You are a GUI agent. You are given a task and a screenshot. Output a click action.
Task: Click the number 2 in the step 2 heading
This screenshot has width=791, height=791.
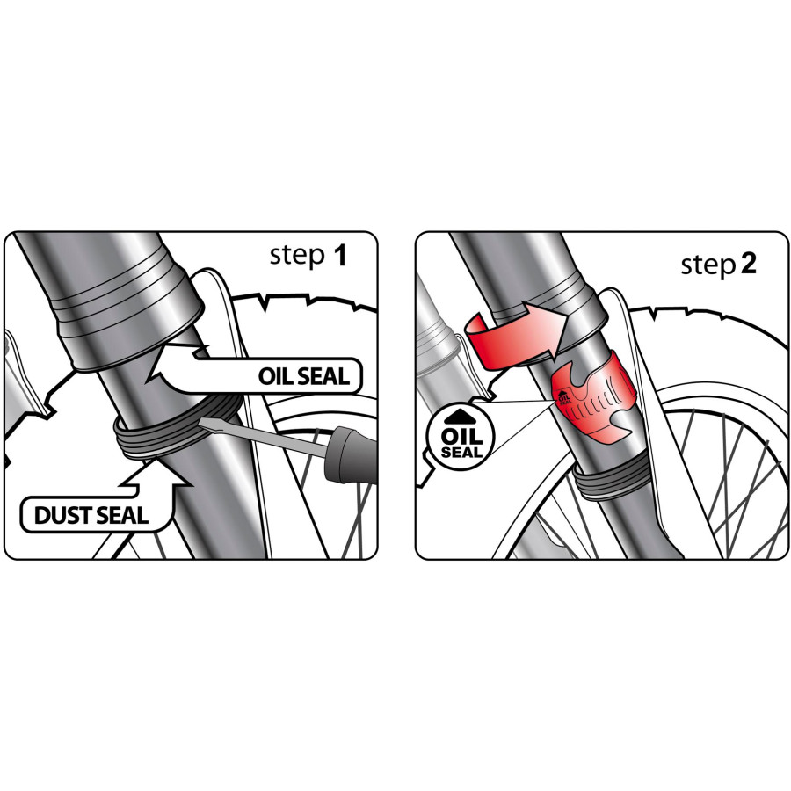pyautogui.click(x=749, y=264)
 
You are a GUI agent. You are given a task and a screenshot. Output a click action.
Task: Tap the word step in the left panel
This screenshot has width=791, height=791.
pyautogui.click(x=297, y=257)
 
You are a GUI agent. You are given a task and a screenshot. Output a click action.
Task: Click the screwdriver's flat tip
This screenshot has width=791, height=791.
pyautogui.click(x=202, y=422)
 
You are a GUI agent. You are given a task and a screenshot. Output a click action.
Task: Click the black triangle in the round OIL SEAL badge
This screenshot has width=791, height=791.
pyautogui.click(x=460, y=417)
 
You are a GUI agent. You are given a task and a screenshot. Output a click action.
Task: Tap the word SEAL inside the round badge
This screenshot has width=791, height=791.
pyautogui.click(x=461, y=453)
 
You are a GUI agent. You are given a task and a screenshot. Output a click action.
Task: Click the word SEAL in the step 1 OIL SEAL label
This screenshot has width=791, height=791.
pyautogui.click(x=323, y=376)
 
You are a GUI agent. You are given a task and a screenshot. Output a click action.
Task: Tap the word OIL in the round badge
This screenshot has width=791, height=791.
pyautogui.click(x=461, y=436)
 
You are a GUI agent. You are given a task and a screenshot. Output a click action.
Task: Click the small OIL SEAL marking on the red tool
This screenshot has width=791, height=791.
pyautogui.click(x=564, y=398)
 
